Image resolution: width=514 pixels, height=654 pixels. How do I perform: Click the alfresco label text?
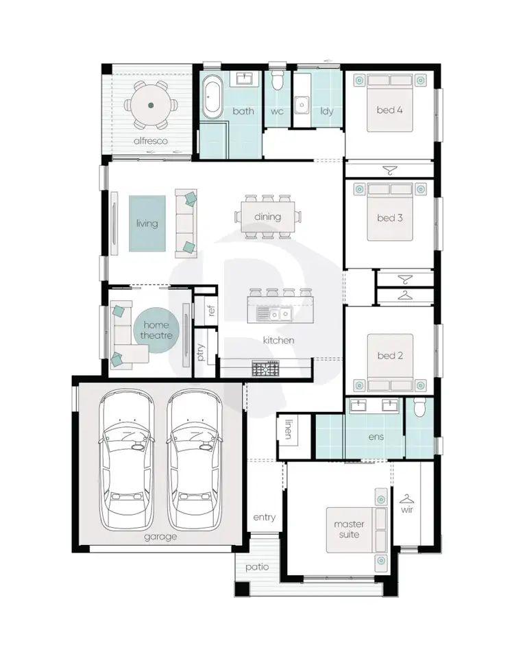(x=151, y=141)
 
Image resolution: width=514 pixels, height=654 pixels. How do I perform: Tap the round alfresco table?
(x=151, y=106)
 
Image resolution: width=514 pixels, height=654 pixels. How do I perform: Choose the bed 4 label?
(x=389, y=110)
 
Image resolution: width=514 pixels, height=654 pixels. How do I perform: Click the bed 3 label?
(x=389, y=218)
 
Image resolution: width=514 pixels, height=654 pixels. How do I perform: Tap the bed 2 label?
(x=389, y=355)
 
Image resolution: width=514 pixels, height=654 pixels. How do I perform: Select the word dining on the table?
(x=267, y=217)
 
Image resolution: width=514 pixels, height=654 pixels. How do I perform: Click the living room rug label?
(x=147, y=223)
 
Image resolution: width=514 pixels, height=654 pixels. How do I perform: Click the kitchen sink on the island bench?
(x=273, y=314)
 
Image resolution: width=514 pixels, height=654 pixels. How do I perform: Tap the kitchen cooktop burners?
(x=265, y=369)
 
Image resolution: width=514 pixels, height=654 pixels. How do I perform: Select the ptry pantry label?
(x=201, y=352)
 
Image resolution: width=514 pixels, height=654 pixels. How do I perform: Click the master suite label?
(x=349, y=529)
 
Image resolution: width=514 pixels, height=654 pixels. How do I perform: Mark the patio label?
(x=257, y=567)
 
